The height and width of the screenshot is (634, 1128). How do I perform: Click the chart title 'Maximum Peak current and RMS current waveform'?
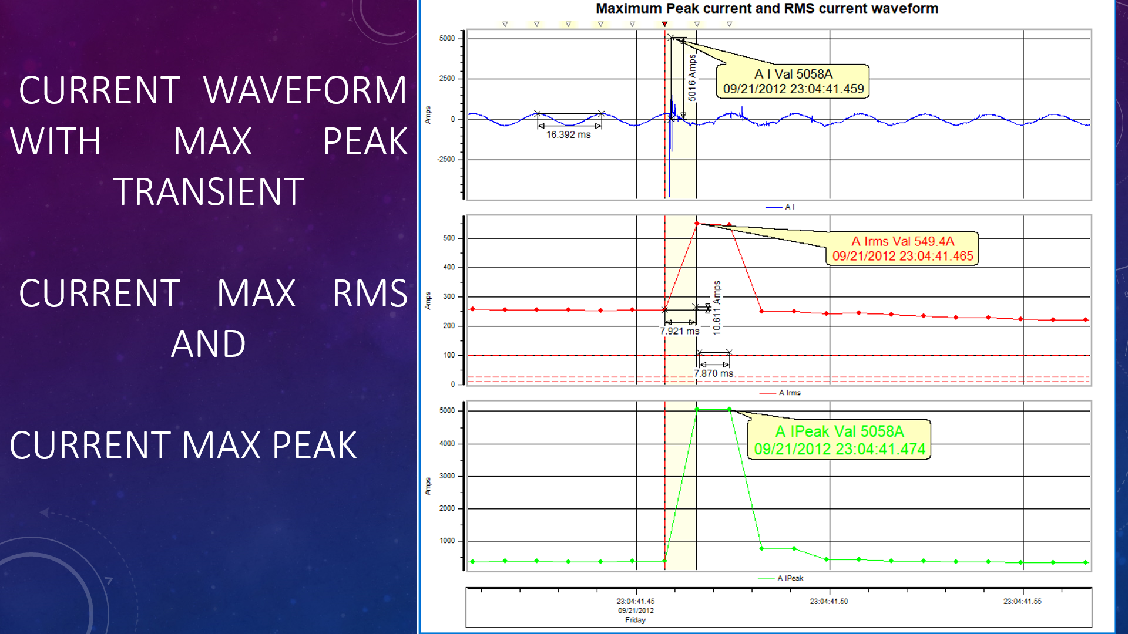pos(767,9)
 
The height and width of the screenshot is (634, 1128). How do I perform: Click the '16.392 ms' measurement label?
pos(568,134)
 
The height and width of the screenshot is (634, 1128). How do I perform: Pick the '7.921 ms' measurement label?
pos(679,331)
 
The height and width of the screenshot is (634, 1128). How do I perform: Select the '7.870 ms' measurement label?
pos(713,373)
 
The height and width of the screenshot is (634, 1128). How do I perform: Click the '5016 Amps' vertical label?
pos(692,78)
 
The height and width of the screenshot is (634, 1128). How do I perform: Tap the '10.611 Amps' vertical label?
pos(716,308)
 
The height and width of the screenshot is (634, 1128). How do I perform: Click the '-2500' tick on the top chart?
pos(447,159)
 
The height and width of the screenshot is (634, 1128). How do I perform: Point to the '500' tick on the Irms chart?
pos(449,238)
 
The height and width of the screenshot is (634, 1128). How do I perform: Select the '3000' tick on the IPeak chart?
pos(447,475)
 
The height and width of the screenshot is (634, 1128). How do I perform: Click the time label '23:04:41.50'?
pos(828,601)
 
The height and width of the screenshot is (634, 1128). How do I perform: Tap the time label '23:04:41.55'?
pos(1022,601)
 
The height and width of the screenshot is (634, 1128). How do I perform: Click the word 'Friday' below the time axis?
pos(635,620)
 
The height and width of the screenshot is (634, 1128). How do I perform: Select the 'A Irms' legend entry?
pos(790,393)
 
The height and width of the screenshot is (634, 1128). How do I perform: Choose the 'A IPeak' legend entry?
pos(790,578)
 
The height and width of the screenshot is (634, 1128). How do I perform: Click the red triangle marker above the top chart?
pos(664,24)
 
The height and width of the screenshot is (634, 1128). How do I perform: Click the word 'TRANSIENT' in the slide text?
pos(209,191)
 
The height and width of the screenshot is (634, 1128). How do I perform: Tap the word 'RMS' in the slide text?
pos(370,293)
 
